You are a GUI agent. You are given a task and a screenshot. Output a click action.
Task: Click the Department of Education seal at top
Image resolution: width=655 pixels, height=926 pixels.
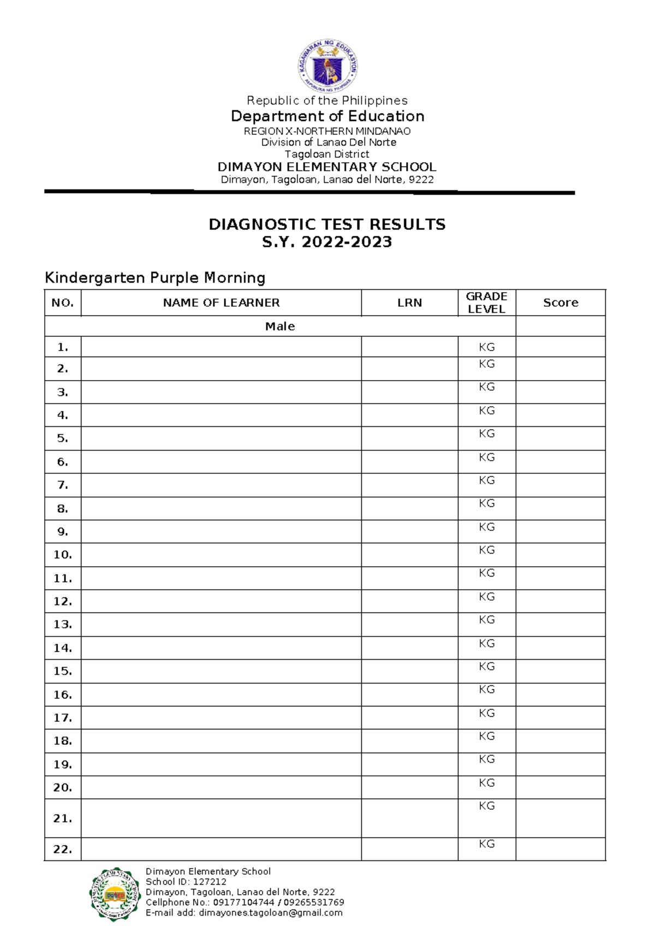tap(327, 67)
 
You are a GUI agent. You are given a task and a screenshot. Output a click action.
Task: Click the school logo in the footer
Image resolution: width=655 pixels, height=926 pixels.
tap(115, 894)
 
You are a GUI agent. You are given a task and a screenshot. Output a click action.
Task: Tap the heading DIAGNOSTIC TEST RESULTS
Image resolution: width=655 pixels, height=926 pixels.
tap(327, 224)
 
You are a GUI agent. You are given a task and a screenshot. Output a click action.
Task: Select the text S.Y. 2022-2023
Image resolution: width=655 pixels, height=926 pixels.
tap(327, 242)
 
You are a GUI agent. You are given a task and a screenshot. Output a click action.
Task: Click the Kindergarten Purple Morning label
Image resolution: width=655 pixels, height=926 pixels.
tap(155, 277)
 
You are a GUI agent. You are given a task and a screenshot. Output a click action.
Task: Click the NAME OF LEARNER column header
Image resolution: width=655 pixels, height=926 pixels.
tap(221, 302)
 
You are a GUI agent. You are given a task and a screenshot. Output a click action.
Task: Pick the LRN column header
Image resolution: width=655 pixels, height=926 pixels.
tap(409, 302)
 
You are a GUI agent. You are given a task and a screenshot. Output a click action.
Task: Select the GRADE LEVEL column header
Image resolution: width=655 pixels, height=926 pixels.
tap(486, 302)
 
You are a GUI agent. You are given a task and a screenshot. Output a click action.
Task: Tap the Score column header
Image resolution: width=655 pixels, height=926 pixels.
tap(561, 302)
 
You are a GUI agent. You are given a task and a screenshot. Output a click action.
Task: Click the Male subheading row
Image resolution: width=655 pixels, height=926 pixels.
tap(280, 327)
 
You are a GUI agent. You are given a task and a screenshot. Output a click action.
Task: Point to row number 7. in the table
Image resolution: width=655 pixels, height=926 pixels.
tap(63, 485)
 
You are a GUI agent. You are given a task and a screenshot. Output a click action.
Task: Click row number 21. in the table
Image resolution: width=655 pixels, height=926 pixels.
tap(63, 818)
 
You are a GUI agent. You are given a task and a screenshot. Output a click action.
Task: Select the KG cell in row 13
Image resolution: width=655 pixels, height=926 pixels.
tap(486, 620)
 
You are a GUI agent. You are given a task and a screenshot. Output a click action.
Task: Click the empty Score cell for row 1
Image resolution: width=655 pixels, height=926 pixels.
tap(561, 347)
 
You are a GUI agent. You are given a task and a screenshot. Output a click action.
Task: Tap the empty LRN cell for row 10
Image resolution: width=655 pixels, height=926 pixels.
tap(409, 555)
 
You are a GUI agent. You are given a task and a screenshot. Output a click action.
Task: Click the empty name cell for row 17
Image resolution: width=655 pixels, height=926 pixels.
tap(221, 717)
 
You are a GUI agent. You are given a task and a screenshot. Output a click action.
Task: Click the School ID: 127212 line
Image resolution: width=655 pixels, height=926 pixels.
tap(186, 882)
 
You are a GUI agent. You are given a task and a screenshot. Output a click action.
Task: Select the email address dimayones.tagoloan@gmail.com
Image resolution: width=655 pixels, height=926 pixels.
tap(271, 913)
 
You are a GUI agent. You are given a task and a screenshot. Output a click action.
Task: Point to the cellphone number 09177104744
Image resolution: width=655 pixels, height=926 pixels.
tap(243, 903)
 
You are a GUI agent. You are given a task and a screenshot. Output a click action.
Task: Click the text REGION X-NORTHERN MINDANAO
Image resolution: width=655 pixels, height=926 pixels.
tap(327, 131)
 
